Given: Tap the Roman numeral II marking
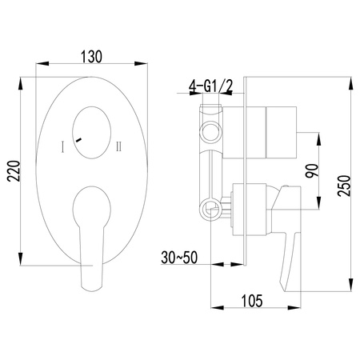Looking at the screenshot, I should [118, 146].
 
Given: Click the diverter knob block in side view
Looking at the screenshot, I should [275, 127].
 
